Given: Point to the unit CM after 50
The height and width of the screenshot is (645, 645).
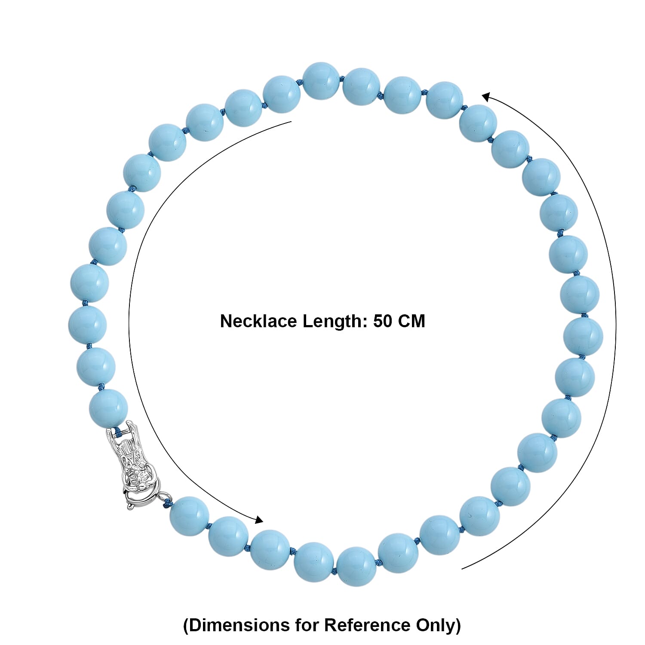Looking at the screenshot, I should (x=411, y=322).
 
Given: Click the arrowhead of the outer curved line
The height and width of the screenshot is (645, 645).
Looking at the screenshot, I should (x=486, y=97).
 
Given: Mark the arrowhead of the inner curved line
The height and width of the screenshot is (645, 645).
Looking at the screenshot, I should (x=259, y=520).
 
